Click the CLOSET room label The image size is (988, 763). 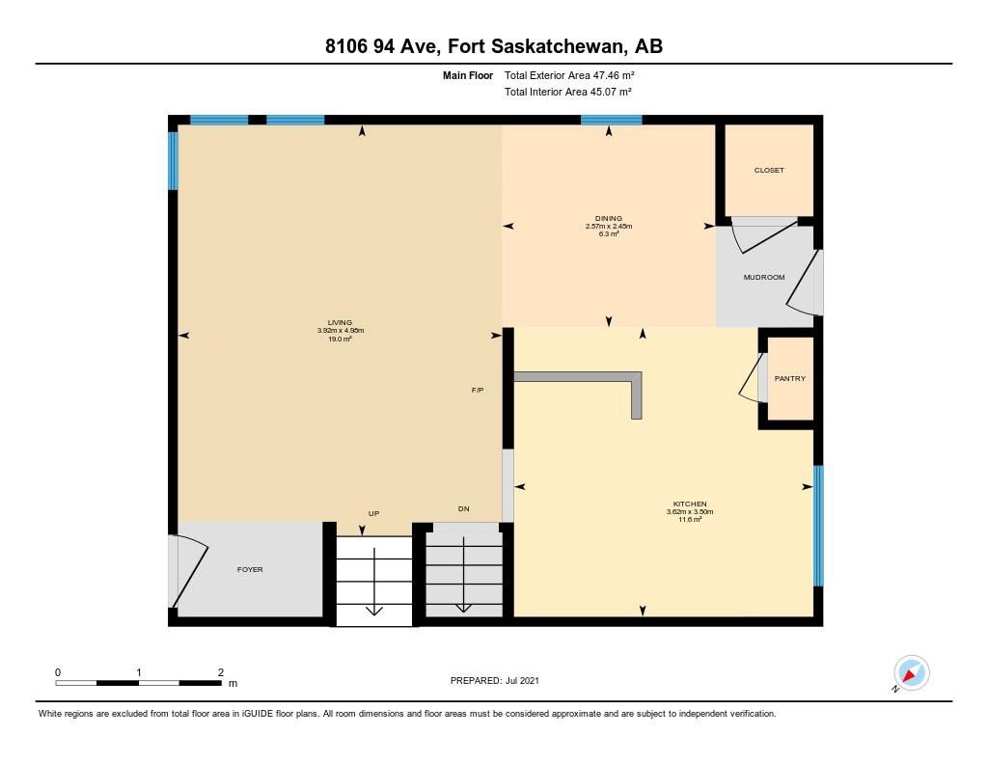(769, 170)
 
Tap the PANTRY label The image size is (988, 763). (789, 379)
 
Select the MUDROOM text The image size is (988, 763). (764, 277)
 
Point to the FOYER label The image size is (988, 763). (250, 569)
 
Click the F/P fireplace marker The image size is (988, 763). (478, 391)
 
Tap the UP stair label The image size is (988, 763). (373, 513)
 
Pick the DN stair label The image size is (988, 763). (463, 509)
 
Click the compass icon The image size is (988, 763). (911, 673)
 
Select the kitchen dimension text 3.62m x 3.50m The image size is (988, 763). (690, 511)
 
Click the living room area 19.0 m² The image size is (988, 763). (340, 339)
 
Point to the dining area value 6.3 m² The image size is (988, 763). (609, 233)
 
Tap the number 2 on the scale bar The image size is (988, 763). (221, 672)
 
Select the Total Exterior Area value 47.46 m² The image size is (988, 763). (613, 75)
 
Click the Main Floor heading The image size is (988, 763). (468, 75)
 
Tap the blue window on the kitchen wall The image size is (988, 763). (818, 526)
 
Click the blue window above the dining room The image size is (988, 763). (611, 120)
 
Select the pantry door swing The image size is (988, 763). (752, 377)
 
